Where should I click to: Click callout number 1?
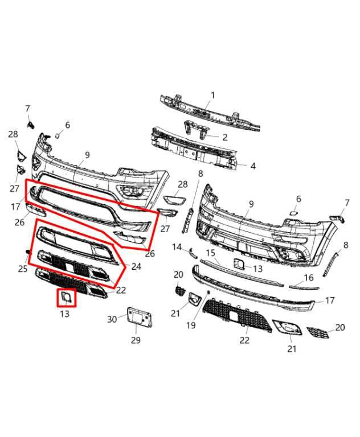[212, 95]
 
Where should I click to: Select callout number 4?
[253, 166]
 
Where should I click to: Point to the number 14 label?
[177, 247]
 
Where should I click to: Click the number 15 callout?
[210, 253]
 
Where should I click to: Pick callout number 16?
[308, 278]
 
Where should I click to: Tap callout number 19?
[191, 325]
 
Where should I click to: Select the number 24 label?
[136, 266]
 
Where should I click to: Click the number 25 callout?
[23, 268]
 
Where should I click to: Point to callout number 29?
[136, 340]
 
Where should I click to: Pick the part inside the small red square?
[66, 296]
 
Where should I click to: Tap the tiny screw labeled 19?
[208, 292]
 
